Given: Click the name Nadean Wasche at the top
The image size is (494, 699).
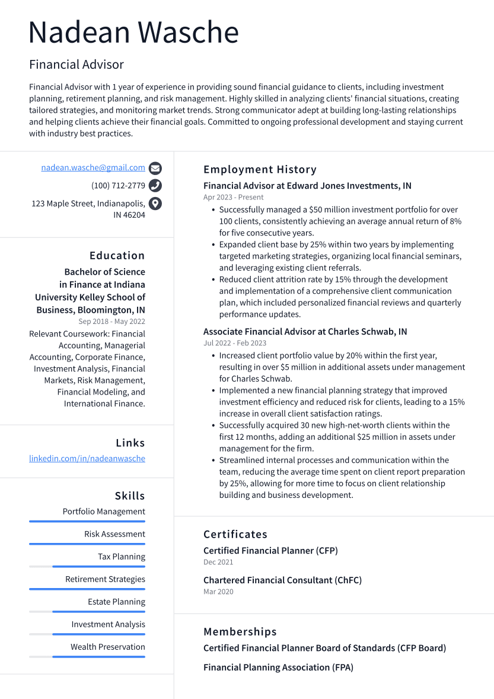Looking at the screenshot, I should [133, 33].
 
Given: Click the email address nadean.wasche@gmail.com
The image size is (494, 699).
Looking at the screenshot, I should [93, 168].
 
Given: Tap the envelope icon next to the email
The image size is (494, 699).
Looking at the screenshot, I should [155, 168].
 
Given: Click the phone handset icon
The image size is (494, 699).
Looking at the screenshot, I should [155, 186].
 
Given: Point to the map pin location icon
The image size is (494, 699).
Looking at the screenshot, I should [155, 204].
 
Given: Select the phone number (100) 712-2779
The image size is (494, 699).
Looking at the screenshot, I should [118, 186].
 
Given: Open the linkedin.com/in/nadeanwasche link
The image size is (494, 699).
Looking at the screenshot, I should [87, 459].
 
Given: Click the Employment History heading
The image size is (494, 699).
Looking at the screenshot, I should [260, 170].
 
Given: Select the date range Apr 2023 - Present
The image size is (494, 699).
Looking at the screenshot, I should [233, 197].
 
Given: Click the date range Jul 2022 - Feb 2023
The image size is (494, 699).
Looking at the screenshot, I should [235, 343].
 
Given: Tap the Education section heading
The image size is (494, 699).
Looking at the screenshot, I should [117, 256].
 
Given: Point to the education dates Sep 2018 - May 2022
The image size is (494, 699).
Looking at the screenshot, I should [111, 322].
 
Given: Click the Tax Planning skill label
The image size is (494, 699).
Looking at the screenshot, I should [122, 557].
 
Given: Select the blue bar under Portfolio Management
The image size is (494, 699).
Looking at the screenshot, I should [87, 522].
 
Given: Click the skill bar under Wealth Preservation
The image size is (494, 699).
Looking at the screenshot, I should [98, 657].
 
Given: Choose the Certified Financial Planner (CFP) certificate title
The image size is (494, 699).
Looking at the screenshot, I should [270, 551].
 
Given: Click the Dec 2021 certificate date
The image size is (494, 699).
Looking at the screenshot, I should [218, 562].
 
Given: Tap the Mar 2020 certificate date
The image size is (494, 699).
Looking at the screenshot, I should [218, 592].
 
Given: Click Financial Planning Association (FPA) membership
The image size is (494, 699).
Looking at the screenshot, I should [278, 668].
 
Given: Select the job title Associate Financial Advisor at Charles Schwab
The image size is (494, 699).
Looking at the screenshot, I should [305, 332].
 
